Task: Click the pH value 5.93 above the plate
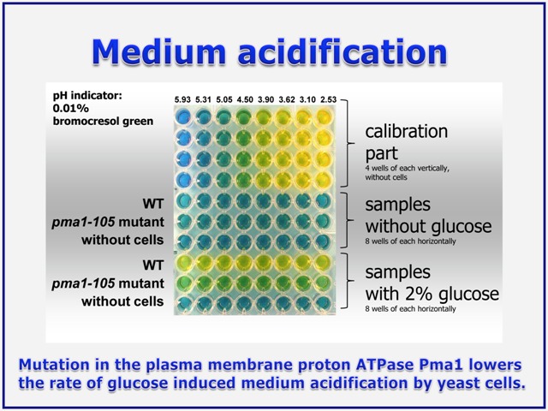coord(182,99)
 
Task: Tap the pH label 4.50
coord(245,99)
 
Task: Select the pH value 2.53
coord(328,99)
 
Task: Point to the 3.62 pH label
coord(287,99)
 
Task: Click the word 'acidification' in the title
coord(342,51)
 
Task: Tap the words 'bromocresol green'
coord(103,122)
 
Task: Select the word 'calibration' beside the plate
coord(407,131)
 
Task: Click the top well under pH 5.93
coord(182,116)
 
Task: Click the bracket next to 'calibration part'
coord(347,143)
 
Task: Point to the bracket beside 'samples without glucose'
coord(347,220)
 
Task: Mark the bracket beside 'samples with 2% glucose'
coord(347,281)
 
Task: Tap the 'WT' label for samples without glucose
coord(153,204)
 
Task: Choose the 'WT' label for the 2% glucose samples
coord(153,265)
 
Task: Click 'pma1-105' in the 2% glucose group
coord(83,283)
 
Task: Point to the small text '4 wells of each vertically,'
coord(408,168)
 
